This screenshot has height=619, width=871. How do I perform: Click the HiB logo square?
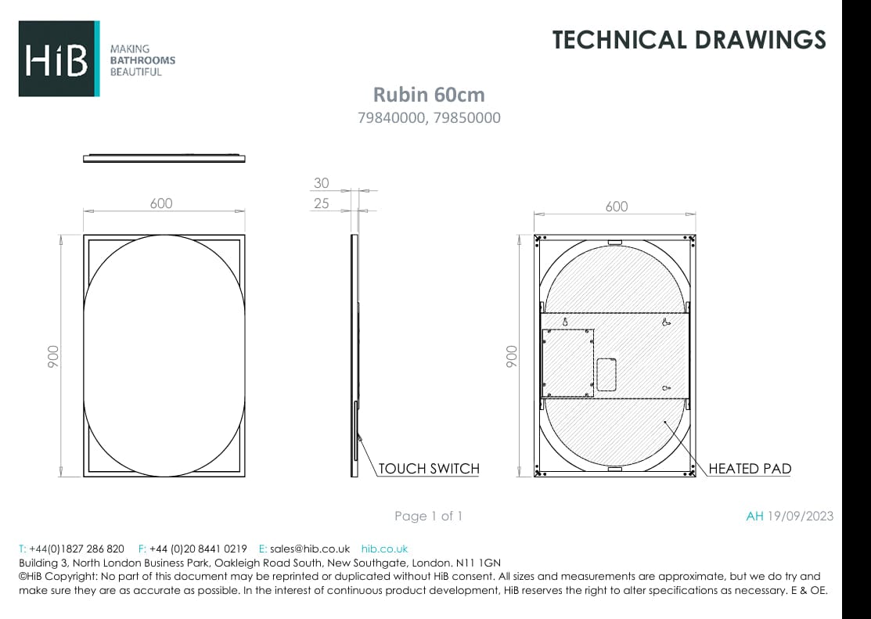(59, 59)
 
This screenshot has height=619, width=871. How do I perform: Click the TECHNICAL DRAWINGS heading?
(689, 40)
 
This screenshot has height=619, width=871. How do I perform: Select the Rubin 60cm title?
(428, 95)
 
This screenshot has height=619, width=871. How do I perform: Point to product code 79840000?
(392, 118)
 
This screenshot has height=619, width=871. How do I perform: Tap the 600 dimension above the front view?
(161, 203)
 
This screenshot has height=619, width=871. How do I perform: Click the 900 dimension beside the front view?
(52, 356)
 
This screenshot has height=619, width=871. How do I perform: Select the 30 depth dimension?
(321, 183)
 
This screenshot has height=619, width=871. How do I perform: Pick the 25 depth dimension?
(321, 203)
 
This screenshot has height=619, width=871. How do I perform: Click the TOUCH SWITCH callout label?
(429, 469)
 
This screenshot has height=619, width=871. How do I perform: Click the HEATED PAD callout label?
(750, 469)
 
